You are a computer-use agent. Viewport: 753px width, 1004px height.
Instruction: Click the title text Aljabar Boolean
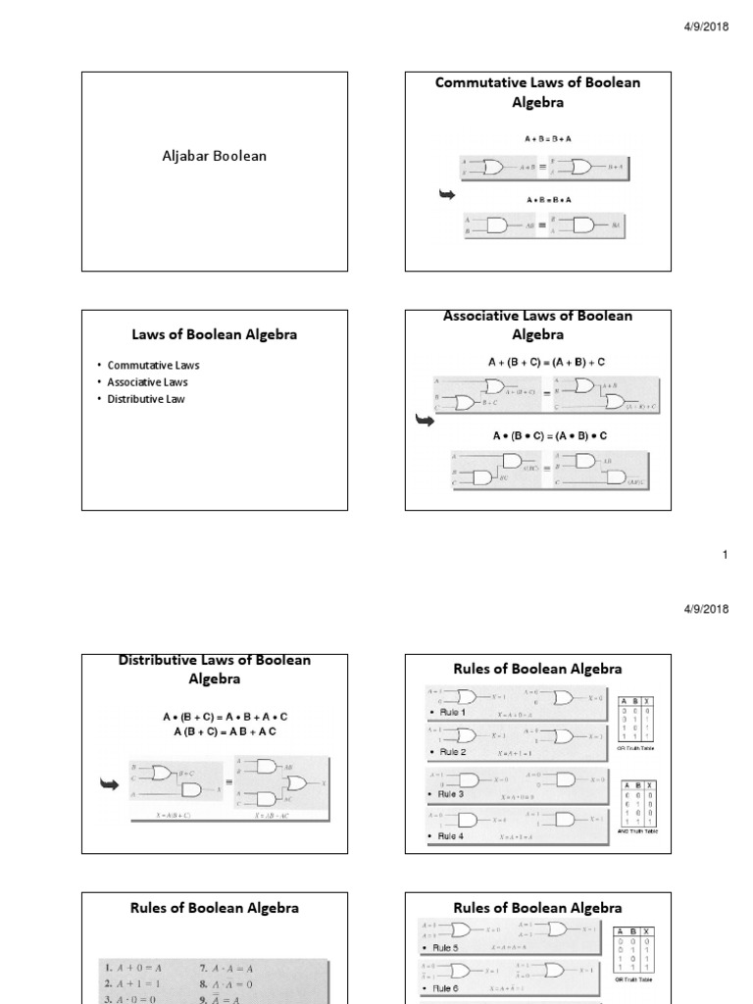click(214, 156)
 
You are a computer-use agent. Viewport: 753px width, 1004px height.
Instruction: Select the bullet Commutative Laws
click(153, 365)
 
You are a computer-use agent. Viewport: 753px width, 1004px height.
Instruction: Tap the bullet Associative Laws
click(147, 382)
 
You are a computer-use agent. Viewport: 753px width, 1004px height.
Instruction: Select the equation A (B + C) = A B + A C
click(225, 731)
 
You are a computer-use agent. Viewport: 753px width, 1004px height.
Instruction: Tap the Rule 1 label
click(451, 712)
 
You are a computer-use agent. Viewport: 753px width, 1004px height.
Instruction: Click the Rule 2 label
click(451, 752)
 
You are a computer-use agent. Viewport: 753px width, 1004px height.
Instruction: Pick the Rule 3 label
click(451, 794)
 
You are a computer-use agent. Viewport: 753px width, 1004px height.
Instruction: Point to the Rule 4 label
click(451, 836)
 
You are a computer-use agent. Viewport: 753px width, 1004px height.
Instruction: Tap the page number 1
click(726, 555)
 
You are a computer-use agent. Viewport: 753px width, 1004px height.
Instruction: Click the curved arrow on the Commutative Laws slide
click(447, 196)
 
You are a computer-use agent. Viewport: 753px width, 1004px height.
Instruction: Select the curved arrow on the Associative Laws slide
click(425, 421)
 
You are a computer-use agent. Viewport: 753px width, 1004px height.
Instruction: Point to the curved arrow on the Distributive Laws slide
click(109, 782)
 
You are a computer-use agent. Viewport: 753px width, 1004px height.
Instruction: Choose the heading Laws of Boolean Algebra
click(214, 334)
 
